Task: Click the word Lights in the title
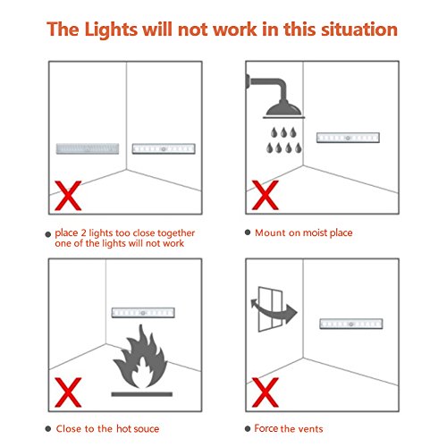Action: tap(111, 30)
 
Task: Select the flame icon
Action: tap(140, 357)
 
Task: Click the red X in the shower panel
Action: tap(266, 195)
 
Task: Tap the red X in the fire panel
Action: tap(68, 392)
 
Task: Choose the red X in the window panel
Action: tap(266, 392)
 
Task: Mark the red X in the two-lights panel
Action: tap(68, 196)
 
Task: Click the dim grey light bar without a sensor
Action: tap(88, 148)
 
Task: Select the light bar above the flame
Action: tap(143, 313)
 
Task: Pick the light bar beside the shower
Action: tap(348, 138)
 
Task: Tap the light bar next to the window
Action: tap(351, 324)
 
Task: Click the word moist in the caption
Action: tap(314, 232)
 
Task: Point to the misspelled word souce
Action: tap(146, 429)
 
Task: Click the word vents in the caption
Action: tap(310, 429)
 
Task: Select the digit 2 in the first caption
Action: tap(83, 233)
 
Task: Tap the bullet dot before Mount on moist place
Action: tap(248, 232)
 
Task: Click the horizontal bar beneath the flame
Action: tap(142, 394)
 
